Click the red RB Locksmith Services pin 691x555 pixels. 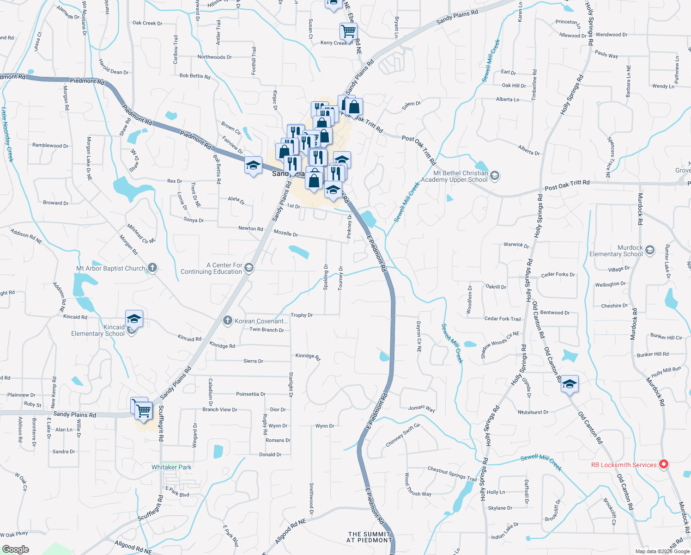pyautogui.click(x=663, y=464)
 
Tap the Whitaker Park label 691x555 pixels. pyautogui.click(x=171, y=467)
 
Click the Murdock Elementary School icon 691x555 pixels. pyautogui.click(x=650, y=250)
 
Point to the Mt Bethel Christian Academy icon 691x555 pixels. pyautogui.click(x=495, y=176)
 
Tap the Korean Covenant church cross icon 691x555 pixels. pyautogui.click(x=227, y=321)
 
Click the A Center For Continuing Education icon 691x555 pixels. pyautogui.click(x=249, y=268)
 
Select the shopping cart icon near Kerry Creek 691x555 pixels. pyautogui.click(x=348, y=31)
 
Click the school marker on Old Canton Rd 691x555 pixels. pyautogui.click(x=570, y=384)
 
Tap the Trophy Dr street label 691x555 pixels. pyautogui.click(x=302, y=315)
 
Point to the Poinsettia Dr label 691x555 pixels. pyautogui.click(x=250, y=394)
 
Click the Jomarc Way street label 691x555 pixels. pyautogui.click(x=421, y=408)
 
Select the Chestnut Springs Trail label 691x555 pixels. pyautogui.click(x=452, y=474)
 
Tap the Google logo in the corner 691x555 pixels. pyautogui.click(x=16, y=549)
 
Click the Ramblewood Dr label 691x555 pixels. pyautogui.click(x=50, y=145)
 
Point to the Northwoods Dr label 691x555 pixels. pyautogui.click(x=214, y=57)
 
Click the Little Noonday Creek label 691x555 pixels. pyautogui.click(x=7, y=135)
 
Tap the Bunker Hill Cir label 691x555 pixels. pyautogui.click(x=666, y=337)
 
